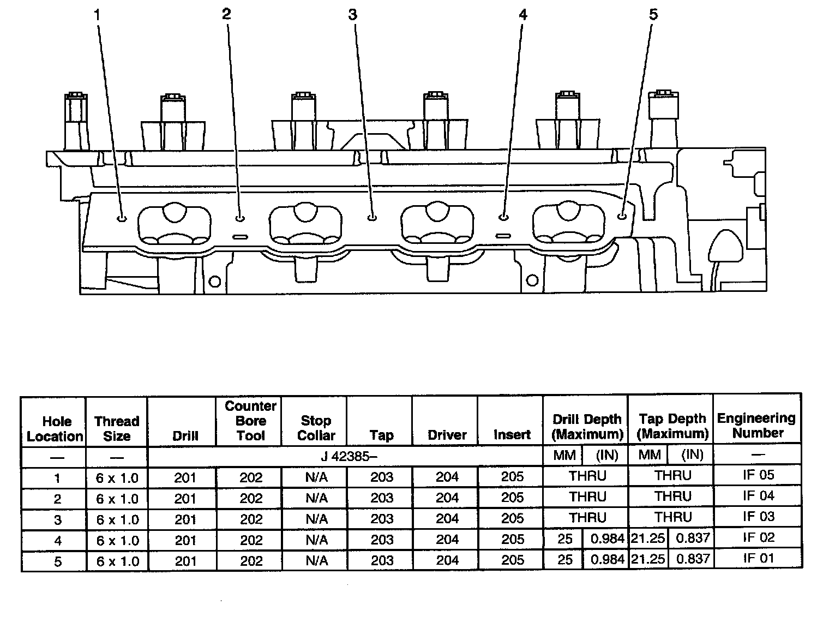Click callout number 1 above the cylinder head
98,15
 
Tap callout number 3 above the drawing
353,15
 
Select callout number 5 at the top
653,15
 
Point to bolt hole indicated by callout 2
240,218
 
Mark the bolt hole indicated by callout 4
503,217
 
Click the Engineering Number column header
757,426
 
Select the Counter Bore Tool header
250,421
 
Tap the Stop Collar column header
315,428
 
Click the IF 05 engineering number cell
758,475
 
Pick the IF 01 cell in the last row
758,559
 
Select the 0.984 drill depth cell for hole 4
606,539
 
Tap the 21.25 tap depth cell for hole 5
648,559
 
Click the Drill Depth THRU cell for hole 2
587,497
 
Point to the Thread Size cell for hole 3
117,519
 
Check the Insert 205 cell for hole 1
512,477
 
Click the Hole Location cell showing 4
57,541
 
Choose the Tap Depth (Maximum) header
672,427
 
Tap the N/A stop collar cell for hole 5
316,560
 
